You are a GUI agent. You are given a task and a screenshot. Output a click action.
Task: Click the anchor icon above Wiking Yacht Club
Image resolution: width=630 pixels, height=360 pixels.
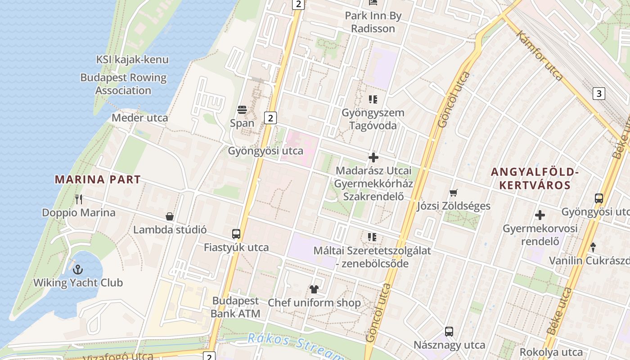[x=78, y=270]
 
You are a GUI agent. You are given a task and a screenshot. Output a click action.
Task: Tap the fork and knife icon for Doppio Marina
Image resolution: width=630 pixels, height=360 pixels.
[x=79, y=199]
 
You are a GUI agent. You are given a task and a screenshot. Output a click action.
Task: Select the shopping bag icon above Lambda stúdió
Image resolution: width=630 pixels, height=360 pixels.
[x=170, y=216]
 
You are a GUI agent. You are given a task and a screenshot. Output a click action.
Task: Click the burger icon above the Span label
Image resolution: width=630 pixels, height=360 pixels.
[x=242, y=110]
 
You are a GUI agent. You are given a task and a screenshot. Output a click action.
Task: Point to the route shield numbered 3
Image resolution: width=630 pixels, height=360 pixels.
[x=598, y=94]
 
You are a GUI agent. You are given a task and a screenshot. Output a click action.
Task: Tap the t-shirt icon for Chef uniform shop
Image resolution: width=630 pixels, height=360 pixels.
[x=314, y=289]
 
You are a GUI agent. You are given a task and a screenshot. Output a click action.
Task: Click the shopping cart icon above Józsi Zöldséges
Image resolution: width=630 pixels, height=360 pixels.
[x=454, y=193]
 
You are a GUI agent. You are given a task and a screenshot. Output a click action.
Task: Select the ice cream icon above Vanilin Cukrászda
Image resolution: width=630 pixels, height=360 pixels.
[x=593, y=247]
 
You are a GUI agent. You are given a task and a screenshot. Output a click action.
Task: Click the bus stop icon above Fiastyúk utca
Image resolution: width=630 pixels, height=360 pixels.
[x=236, y=234]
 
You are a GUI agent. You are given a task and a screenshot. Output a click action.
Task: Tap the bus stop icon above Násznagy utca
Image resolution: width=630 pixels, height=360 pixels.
[x=449, y=332]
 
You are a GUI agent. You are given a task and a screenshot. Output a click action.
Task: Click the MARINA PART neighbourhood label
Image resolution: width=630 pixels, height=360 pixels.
[x=98, y=179]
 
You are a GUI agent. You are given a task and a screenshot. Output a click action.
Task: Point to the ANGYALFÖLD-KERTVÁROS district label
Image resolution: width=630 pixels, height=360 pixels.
[x=535, y=178]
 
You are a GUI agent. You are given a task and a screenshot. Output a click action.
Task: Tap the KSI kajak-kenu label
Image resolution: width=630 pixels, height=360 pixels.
[x=132, y=59]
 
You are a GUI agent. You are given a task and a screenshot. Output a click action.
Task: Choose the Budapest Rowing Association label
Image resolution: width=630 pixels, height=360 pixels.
[x=123, y=84]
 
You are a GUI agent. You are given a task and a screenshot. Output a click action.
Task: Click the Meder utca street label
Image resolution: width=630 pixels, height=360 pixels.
[x=139, y=118]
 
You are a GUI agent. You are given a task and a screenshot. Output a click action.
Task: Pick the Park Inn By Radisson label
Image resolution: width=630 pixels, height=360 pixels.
[x=373, y=22]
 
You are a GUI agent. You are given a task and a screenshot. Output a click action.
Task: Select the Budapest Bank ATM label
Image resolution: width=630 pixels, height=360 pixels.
[x=235, y=307]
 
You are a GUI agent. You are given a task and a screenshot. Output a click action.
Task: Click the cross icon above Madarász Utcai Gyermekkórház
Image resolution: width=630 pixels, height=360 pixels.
[x=373, y=157]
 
